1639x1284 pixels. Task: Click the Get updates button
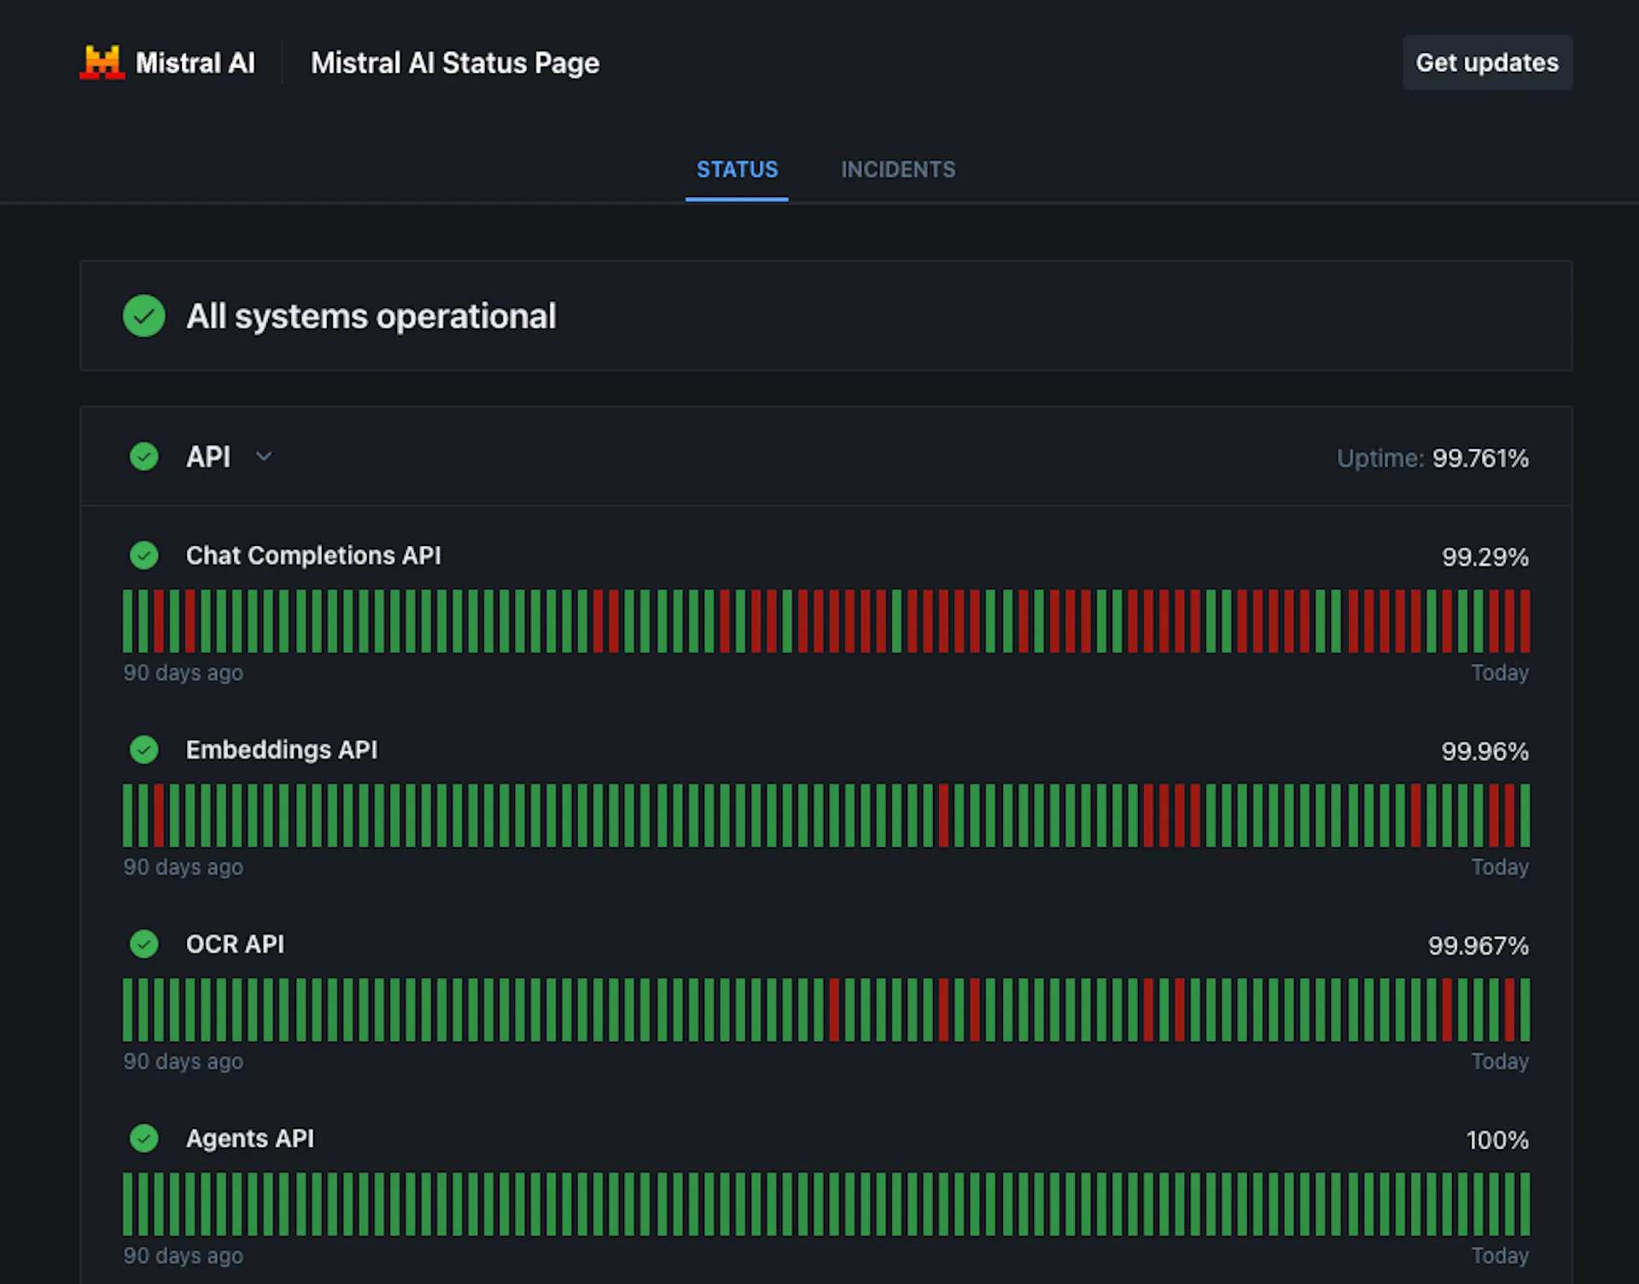(x=1487, y=62)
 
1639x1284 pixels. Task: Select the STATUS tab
(x=737, y=170)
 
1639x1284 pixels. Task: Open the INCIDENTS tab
(x=898, y=170)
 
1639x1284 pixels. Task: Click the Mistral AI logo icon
(x=102, y=62)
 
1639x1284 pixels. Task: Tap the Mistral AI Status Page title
(x=455, y=63)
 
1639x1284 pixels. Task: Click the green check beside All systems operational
(x=144, y=316)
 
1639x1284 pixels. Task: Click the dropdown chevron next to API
(x=264, y=456)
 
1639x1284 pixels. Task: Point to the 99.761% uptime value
(x=1480, y=458)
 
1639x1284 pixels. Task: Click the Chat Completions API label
(x=313, y=555)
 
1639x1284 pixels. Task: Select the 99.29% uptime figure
(x=1485, y=557)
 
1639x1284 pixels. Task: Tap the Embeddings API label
(x=282, y=750)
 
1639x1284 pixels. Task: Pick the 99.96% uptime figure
(x=1485, y=752)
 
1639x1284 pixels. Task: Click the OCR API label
(x=235, y=944)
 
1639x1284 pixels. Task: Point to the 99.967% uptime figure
(x=1479, y=946)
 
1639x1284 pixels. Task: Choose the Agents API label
(x=250, y=1139)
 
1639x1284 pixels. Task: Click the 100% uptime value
(x=1497, y=1141)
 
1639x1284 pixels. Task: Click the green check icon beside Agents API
(x=144, y=1138)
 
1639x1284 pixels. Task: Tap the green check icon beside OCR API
(x=144, y=944)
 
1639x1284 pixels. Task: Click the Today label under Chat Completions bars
(x=1500, y=673)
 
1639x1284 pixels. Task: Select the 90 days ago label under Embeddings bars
(x=184, y=868)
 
